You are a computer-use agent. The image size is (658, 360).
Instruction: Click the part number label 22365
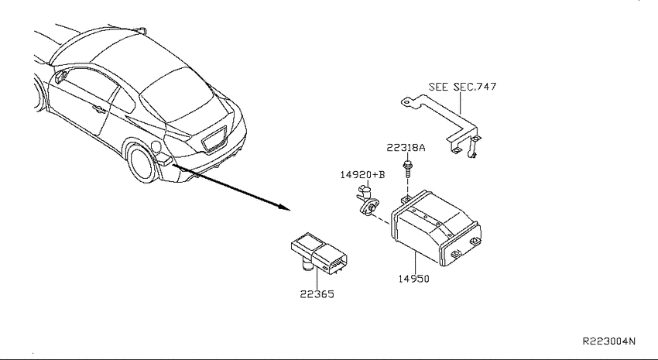(x=317, y=294)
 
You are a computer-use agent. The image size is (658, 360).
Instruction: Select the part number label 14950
(x=414, y=279)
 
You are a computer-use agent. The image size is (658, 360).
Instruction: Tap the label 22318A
(x=406, y=148)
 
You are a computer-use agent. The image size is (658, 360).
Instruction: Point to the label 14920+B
(x=362, y=174)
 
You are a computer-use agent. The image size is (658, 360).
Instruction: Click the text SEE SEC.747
(x=462, y=87)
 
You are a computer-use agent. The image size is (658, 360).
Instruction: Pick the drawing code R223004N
(x=609, y=341)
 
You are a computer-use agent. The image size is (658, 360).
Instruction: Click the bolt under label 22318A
(x=406, y=167)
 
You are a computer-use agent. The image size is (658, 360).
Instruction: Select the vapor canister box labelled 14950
(x=436, y=228)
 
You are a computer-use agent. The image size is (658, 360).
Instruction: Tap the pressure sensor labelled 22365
(x=319, y=253)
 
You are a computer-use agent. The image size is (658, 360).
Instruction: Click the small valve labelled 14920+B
(x=368, y=201)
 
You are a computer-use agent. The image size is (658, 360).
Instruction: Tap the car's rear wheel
(x=143, y=164)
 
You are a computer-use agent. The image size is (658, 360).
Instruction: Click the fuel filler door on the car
(x=156, y=146)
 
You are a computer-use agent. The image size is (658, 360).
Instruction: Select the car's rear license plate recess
(x=214, y=138)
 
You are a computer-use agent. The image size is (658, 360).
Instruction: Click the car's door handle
(x=99, y=109)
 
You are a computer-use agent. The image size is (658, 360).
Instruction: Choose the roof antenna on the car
(x=142, y=30)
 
